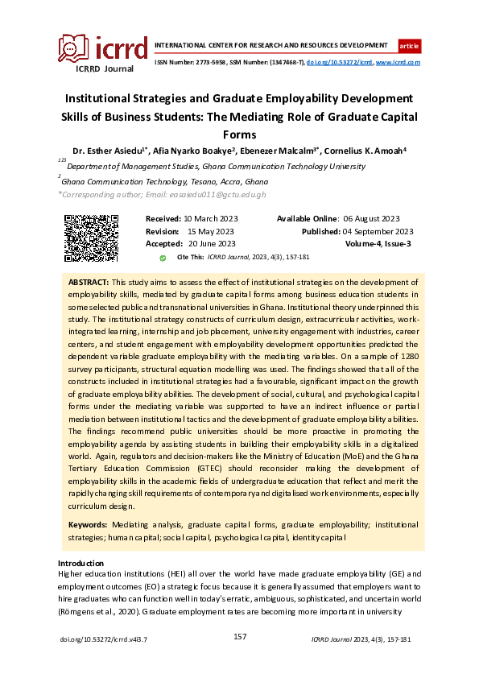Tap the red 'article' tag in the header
(409, 45)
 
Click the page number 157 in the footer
(239, 636)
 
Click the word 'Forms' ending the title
(239, 134)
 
